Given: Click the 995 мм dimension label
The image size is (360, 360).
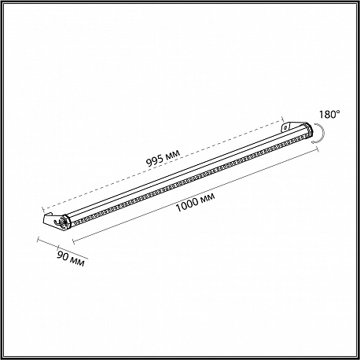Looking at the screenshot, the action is point(163,159).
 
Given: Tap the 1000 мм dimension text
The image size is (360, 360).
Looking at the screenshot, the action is point(195,202).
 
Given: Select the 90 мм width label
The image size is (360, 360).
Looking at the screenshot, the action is point(71,259).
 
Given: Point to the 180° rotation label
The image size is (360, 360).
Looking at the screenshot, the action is point(329,114).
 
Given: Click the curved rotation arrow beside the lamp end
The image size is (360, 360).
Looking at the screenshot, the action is point(321,134).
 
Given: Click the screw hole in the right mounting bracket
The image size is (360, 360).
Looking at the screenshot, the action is point(285,127).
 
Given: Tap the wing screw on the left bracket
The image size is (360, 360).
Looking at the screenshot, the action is point(58,222).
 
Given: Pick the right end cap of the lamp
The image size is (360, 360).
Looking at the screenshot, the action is point(309,130).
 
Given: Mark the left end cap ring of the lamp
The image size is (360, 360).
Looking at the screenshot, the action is point(66,222).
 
